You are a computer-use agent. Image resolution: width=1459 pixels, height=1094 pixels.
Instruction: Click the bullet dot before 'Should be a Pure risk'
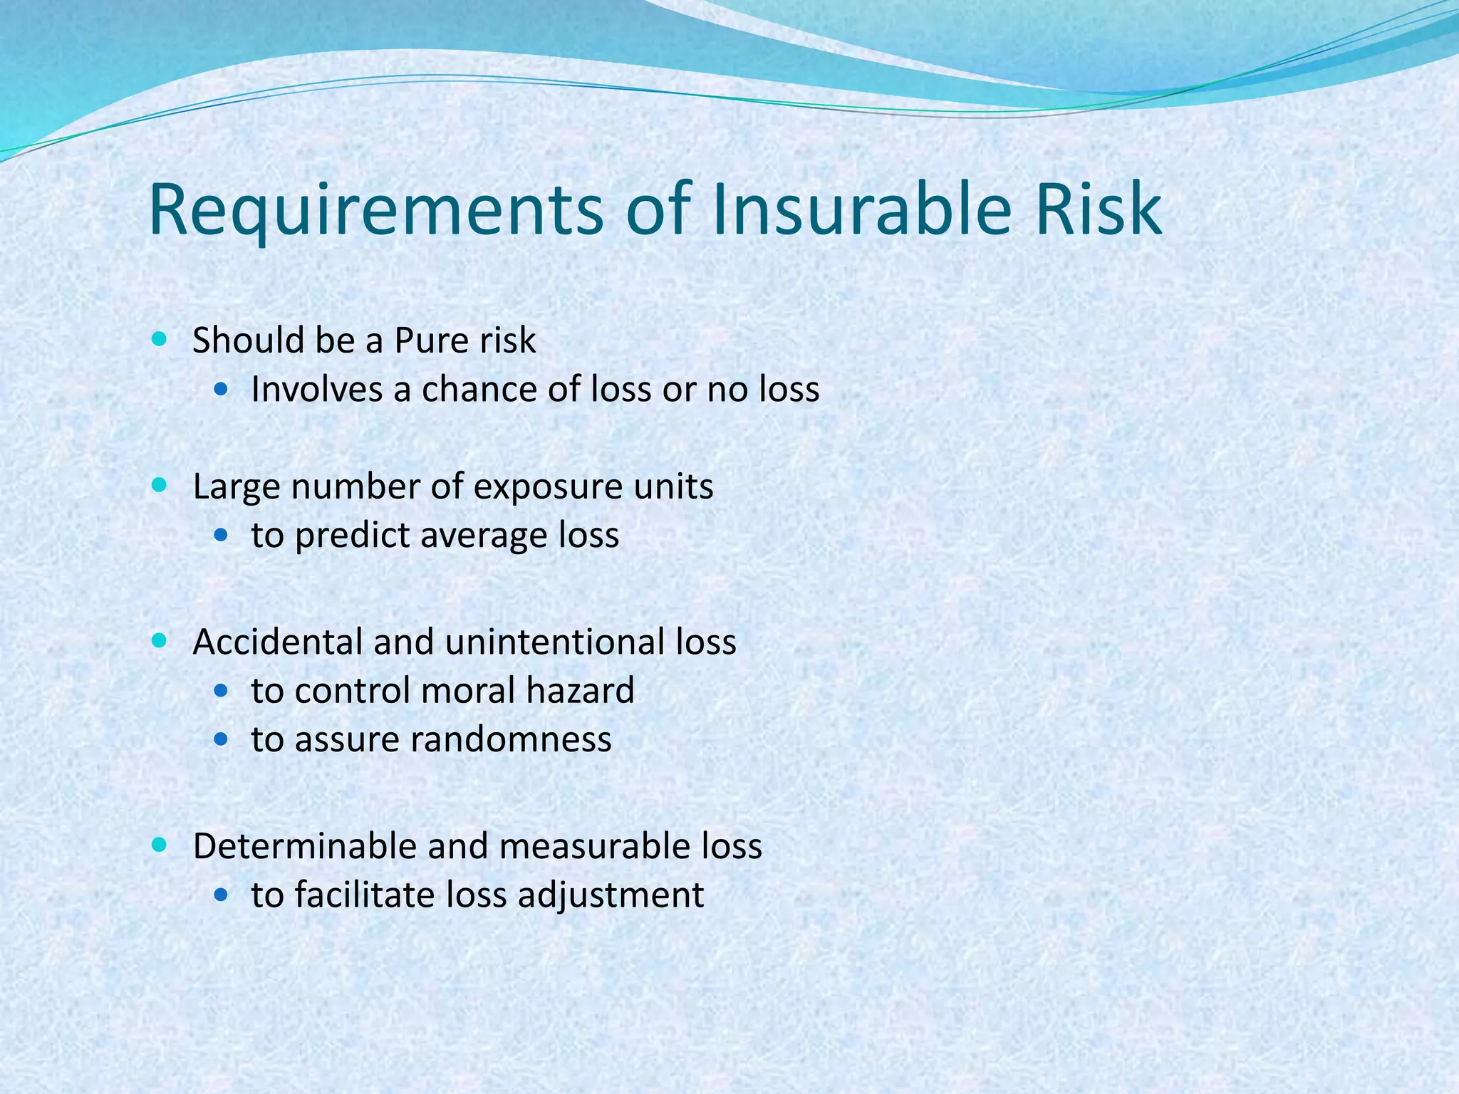(x=160, y=339)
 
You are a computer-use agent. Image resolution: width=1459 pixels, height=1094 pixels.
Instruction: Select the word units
(x=674, y=487)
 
